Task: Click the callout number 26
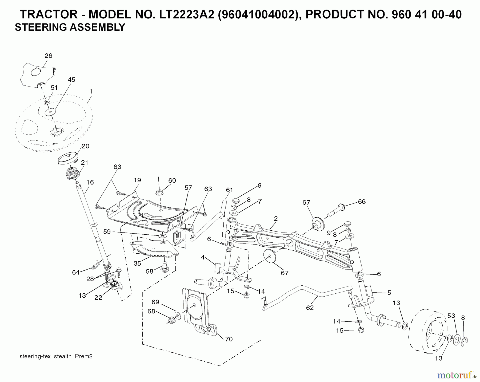pyautogui.click(x=48, y=56)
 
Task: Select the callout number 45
pyautogui.click(x=71, y=80)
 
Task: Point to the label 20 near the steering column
pyautogui.click(x=85, y=146)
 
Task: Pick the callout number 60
pyautogui.click(x=172, y=181)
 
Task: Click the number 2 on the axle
pyautogui.click(x=276, y=219)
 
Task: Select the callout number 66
pyautogui.click(x=362, y=202)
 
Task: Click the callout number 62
pyautogui.click(x=310, y=308)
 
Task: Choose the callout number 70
pyautogui.click(x=229, y=339)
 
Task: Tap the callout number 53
pyautogui.click(x=451, y=316)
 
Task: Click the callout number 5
pyautogui.click(x=389, y=293)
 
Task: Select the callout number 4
pyautogui.click(x=203, y=258)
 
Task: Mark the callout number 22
pyautogui.click(x=98, y=297)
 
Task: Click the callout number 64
pyautogui.click(x=76, y=272)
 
